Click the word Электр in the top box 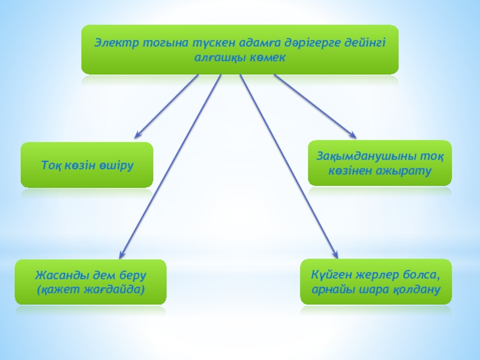pyautogui.click(x=113, y=43)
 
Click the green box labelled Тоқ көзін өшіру pyautogui.click(x=87, y=164)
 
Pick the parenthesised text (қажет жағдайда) pyautogui.click(x=91, y=289)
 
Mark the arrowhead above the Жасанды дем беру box pyautogui.click(x=122, y=254)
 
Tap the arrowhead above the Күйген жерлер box pyautogui.click(x=334, y=254)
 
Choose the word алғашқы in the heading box pyautogui.click(x=221, y=58)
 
